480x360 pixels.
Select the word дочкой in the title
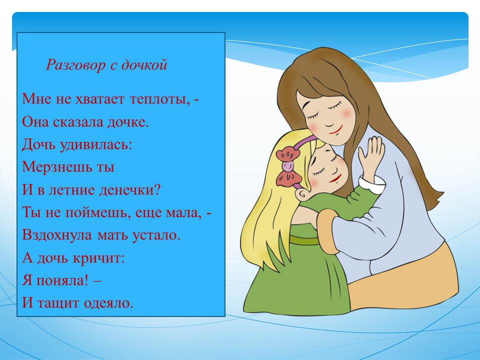coord(144,65)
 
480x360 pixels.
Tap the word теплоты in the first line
coord(159,99)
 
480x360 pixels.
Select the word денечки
coord(126,190)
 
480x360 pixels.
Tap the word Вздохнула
coord(57,235)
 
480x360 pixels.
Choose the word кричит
coord(97,258)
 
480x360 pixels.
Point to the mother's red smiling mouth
coord(336,130)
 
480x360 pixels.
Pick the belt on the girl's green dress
coord(305,239)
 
